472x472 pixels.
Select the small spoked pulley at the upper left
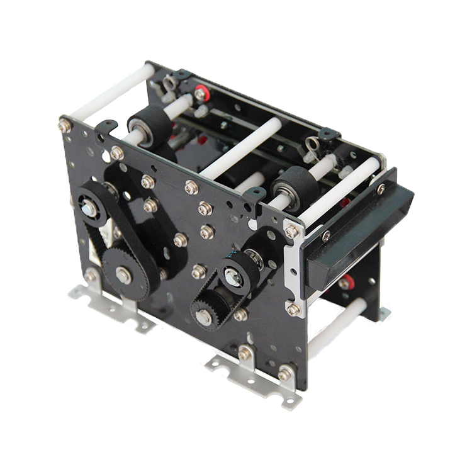click(x=90, y=205)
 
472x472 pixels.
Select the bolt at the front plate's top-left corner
click(x=65, y=125)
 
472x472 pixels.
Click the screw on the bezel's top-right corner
click(x=381, y=188)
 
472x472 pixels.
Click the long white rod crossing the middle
click(x=239, y=149)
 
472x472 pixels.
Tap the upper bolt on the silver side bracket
click(x=291, y=232)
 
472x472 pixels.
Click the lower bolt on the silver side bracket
click(x=293, y=309)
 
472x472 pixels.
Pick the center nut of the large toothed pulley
click(x=123, y=274)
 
